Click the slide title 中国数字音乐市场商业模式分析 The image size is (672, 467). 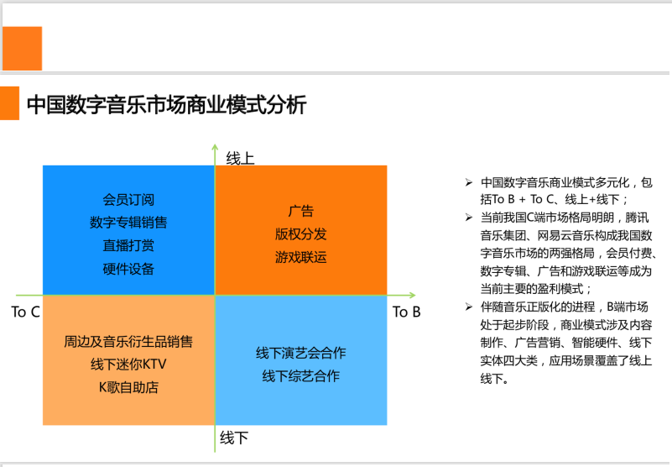coord(166,105)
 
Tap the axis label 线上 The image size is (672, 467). coord(240,159)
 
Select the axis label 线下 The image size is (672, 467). coord(234,438)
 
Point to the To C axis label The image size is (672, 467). coord(25,312)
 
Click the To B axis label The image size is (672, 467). coord(406,312)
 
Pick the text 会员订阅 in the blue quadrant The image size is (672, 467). coord(128,200)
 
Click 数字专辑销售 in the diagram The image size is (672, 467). coord(128,223)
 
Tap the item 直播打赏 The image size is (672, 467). coord(128,245)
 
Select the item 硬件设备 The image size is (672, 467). coord(128,269)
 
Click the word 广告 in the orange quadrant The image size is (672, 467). coord(301,211)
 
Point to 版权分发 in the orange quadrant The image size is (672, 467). coord(301,234)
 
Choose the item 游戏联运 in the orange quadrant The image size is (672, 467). coord(301,257)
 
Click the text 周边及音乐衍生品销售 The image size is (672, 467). coord(128,342)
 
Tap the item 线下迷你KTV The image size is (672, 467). coord(128,365)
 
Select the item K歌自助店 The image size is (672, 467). coord(128,387)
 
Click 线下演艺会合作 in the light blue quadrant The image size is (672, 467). coord(301,353)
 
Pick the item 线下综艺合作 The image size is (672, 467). coord(301,376)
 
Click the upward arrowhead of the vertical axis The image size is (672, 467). coord(215,147)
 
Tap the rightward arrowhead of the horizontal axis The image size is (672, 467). coord(412,296)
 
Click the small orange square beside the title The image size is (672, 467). coord(9,103)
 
